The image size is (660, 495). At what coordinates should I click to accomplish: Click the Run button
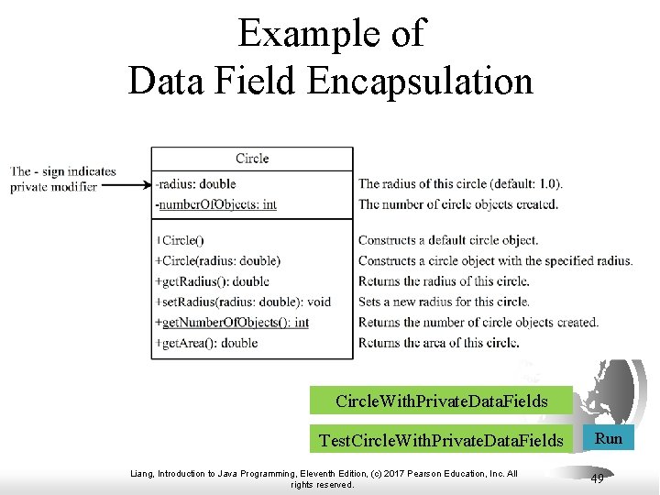(x=609, y=439)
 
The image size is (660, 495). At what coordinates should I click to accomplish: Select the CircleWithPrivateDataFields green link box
(x=441, y=401)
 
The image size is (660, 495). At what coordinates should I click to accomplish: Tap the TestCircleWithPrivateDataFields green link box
(x=441, y=441)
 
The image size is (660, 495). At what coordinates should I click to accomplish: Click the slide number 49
(x=597, y=478)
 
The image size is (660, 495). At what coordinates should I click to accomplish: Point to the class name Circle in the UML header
(x=252, y=159)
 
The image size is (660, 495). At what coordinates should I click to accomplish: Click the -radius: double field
(x=196, y=183)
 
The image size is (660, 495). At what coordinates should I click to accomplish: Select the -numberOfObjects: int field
(x=216, y=204)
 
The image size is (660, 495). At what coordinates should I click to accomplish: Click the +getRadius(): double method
(x=213, y=281)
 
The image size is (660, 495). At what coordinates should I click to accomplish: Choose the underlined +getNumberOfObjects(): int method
(x=233, y=323)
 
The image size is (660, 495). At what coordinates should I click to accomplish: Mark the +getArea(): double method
(x=207, y=343)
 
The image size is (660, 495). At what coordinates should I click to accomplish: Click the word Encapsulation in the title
(x=421, y=81)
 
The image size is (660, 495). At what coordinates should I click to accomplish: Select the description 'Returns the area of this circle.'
(x=439, y=343)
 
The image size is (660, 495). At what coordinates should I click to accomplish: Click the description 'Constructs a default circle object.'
(x=448, y=240)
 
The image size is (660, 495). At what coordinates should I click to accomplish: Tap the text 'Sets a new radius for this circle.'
(x=444, y=302)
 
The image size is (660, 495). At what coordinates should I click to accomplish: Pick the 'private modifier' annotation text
(x=53, y=186)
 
